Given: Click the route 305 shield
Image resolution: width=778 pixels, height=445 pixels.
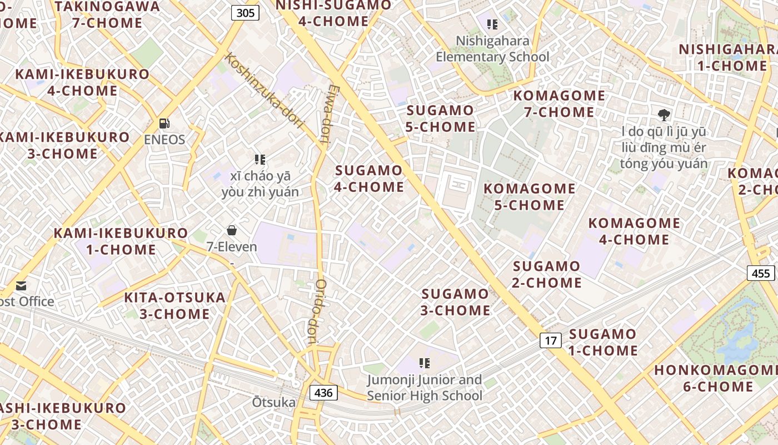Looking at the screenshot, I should pos(245,13).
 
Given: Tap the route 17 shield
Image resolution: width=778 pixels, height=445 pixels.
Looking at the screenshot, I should pos(550,340).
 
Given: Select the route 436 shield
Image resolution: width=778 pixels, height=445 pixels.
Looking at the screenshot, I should pos(323,393).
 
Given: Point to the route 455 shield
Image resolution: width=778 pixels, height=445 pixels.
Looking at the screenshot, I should pos(760,273).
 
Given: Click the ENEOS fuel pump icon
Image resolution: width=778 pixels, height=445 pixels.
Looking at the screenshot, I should pos(164,123).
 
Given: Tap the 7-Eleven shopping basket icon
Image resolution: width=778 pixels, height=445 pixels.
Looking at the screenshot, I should pos(231,230).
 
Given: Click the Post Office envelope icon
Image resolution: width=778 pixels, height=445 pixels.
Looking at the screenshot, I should pos(21,286).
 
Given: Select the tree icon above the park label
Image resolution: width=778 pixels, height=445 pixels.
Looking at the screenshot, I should pos(664,116).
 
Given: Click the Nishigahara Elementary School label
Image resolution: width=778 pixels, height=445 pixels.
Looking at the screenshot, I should pos(492,49).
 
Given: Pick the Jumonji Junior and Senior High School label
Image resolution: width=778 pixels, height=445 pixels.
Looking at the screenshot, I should pos(425,388).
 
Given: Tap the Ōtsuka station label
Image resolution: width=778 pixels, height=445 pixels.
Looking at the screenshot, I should pos(274,402).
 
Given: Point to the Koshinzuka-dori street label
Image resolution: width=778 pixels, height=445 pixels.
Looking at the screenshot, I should pos(265,90).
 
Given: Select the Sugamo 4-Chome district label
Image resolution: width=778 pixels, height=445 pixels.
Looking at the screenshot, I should pos(369,179).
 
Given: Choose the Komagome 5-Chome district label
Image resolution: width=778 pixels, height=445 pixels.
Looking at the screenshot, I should pos(530,197).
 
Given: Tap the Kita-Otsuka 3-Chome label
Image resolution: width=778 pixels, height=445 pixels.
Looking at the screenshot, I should pos(174,305).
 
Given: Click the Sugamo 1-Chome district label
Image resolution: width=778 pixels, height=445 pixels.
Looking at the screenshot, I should pos(603,342).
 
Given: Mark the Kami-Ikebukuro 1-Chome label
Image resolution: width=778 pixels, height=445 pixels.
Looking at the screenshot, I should pos(121,241).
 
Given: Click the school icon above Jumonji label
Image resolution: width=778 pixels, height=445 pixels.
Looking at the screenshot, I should pos(425,363).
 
